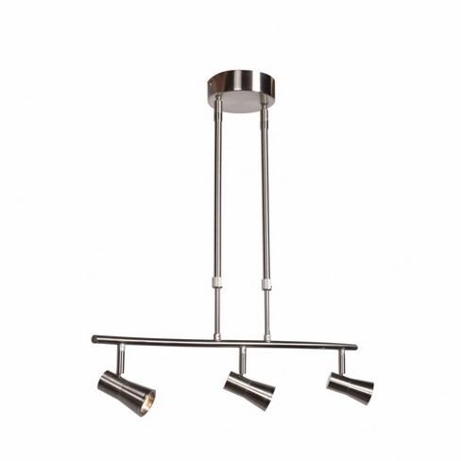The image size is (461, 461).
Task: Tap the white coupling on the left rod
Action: pyautogui.click(x=217, y=282)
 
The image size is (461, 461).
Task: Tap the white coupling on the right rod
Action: pyautogui.click(x=266, y=282)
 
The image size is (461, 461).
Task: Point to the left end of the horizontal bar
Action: pyautogui.click(x=95, y=338)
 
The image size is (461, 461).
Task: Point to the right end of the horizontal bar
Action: pyautogui.click(x=353, y=346)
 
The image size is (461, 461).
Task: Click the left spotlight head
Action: pyautogui.click(x=126, y=389)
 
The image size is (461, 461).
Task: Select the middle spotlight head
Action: pyautogui.click(x=249, y=387)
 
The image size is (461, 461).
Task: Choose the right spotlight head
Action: pyautogui.click(x=350, y=385)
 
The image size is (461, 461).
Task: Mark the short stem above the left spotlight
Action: pyautogui.click(x=121, y=358)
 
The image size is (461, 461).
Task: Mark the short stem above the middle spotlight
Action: pyautogui.click(x=242, y=361)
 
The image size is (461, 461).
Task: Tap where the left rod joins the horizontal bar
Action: pyautogui.click(x=217, y=339)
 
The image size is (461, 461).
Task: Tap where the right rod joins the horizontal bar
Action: pyautogui.click(x=267, y=341)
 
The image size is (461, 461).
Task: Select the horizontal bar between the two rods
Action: pyautogui.click(x=242, y=341)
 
